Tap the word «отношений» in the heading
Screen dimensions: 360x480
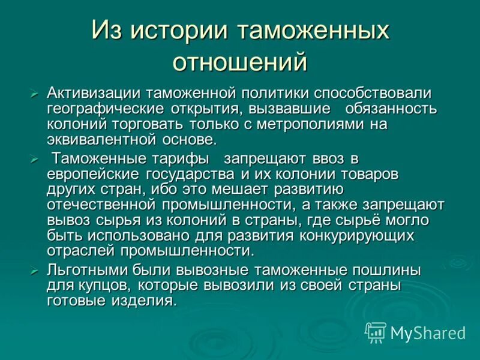(x=239, y=62)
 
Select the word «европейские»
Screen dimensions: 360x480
(x=93, y=174)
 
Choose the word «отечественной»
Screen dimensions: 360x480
(x=98, y=205)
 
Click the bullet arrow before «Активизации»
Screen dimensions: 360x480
(x=34, y=94)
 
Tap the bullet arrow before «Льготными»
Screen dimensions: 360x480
(x=34, y=271)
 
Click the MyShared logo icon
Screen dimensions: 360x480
(x=376, y=332)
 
